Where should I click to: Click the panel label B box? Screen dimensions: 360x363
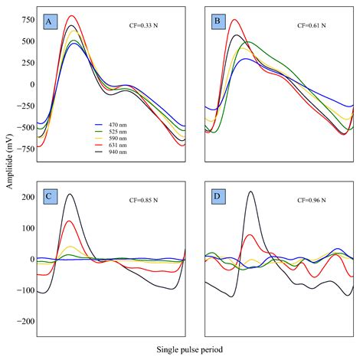(216, 22)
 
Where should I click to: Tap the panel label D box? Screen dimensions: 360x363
(216, 195)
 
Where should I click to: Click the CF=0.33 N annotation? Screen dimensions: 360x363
(145, 26)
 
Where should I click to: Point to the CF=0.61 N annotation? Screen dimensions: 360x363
(312, 26)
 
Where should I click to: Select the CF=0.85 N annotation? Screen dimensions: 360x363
(145, 200)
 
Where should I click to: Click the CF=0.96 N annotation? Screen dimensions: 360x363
(312, 200)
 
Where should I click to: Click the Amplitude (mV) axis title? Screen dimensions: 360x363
(7, 179)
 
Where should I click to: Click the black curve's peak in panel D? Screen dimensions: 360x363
(250, 191)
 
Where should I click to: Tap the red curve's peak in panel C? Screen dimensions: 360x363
(70, 221)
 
